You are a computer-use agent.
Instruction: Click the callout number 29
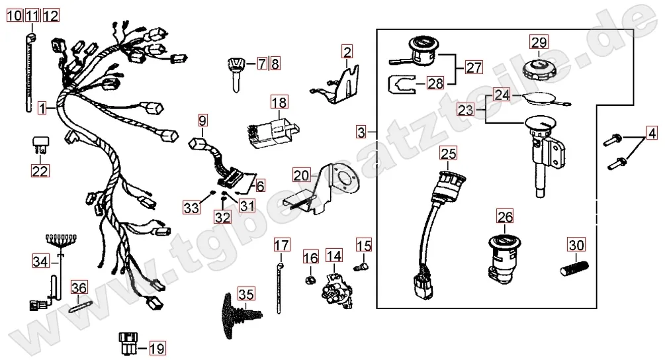click(x=539, y=42)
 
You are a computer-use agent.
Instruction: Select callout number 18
click(x=279, y=102)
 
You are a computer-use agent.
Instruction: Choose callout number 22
click(x=40, y=171)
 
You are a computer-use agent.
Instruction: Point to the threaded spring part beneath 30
click(x=574, y=270)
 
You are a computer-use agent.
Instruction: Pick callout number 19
click(x=157, y=347)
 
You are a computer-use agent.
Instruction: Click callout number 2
click(x=347, y=50)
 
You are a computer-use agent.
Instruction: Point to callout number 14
click(x=333, y=255)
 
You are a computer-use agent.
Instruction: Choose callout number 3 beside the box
click(x=361, y=132)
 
